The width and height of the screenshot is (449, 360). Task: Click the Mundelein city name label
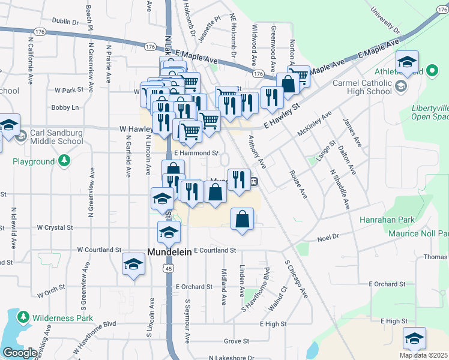click(x=170, y=253)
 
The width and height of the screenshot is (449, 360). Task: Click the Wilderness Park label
click(x=63, y=317)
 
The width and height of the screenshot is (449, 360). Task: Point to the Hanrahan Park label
click(x=385, y=220)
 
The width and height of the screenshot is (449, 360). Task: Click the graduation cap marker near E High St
click(x=414, y=339)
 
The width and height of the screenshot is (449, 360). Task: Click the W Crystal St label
click(x=55, y=228)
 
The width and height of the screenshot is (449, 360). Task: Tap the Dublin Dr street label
click(x=65, y=21)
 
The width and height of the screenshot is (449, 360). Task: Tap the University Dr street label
click(x=385, y=20)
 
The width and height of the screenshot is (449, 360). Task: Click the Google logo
click(x=19, y=353)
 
